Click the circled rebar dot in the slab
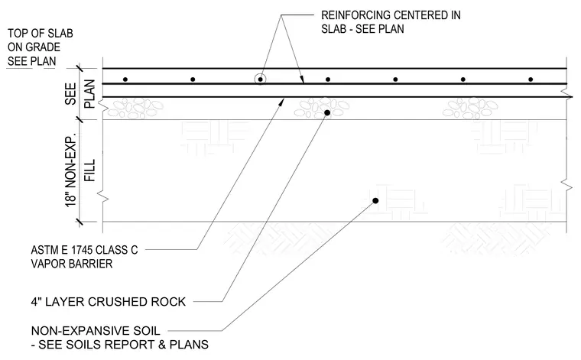pos(261,79)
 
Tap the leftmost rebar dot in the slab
pos(125,79)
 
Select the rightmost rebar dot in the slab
pos(531,79)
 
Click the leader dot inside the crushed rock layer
pos(327,112)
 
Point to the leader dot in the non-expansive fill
pos(375,201)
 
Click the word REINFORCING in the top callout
pos(355,15)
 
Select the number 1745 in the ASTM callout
pos(82,250)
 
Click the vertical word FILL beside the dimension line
pos(90,170)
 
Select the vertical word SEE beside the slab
pos(70,93)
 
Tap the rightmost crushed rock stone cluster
pos(471,108)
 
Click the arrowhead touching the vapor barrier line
pos(281,102)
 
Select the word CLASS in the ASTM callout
pos(109,250)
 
